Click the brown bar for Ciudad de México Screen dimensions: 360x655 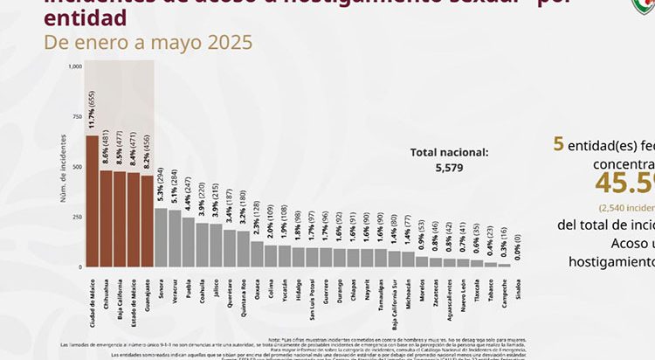pyautogui.click(x=92, y=201)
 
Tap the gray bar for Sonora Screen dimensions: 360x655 pyautogui.click(x=161, y=237)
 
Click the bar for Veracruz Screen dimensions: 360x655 pyautogui.click(x=175, y=239)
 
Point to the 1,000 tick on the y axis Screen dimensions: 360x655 pyautogui.click(x=74, y=66)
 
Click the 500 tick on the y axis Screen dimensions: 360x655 pyautogui.click(x=77, y=167)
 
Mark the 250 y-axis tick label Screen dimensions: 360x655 pyautogui.click(x=77, y=217)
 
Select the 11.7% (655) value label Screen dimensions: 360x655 pyautogui.click(x=92, y=112)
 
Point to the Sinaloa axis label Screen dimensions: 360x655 pyautogui.click(x=518, y=286)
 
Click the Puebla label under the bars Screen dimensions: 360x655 pyautogui.click(x=189, y=285)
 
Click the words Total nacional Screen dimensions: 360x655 pyautogui.click(x=450, y=152)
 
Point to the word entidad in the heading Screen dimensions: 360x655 pyautogui.click(x=83, y=17)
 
